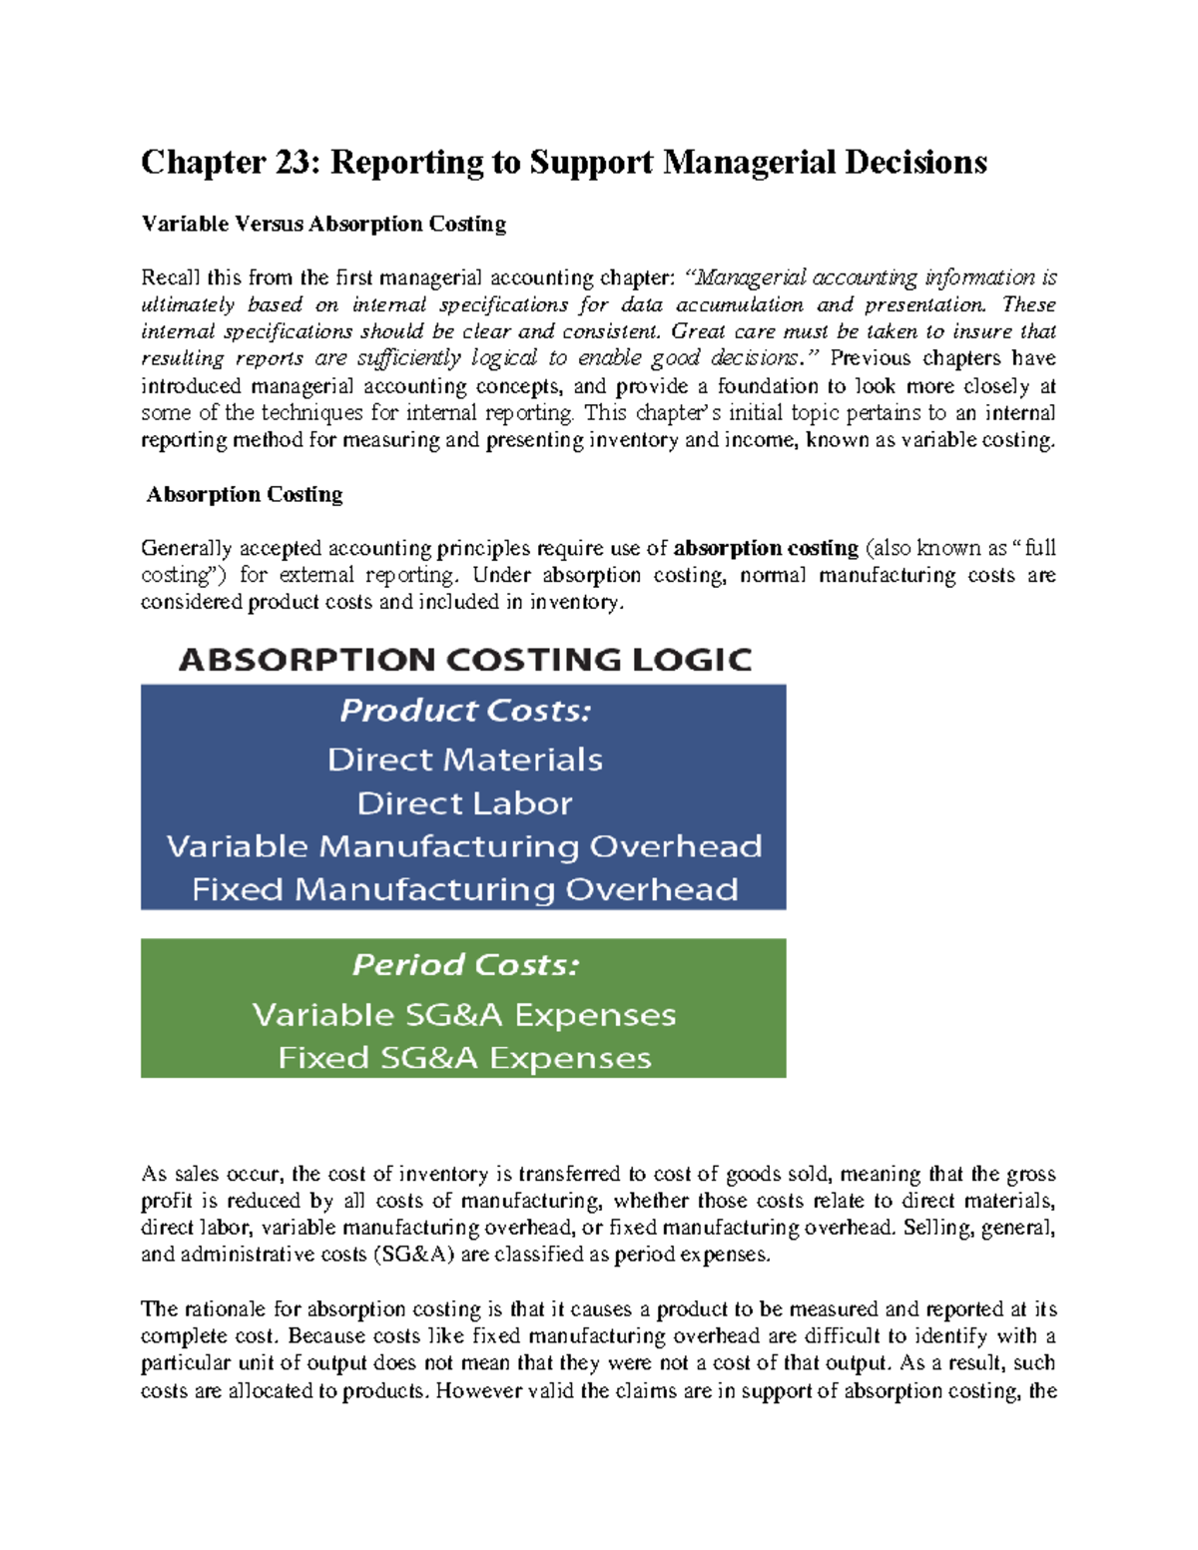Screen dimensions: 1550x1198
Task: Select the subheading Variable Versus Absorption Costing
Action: click(x=323, y=224)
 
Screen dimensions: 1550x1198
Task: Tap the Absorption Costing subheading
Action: click(x=245, y=495)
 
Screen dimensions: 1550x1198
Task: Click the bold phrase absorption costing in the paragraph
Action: click(x=766, y=548)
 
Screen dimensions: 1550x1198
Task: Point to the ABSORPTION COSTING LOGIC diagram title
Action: click(x=464, y=660)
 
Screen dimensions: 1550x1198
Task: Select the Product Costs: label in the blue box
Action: click(x=464, y=711)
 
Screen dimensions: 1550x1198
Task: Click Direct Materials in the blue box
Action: click(x=464, y=760)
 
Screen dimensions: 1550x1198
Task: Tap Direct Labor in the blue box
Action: click(x=464, y=803)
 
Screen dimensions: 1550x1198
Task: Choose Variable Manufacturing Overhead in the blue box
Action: click(x=464, y=846)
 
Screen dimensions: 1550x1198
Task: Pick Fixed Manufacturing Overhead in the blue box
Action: click(x=464, y=889)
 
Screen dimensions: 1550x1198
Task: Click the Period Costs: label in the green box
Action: click(x=464, y=965)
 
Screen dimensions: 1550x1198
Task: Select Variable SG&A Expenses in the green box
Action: click(x=464, y=1015)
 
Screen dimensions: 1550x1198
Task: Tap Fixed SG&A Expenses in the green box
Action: click(x=464, y=1058)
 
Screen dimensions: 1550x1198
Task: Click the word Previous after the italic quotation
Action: click(x=870, y=358)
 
